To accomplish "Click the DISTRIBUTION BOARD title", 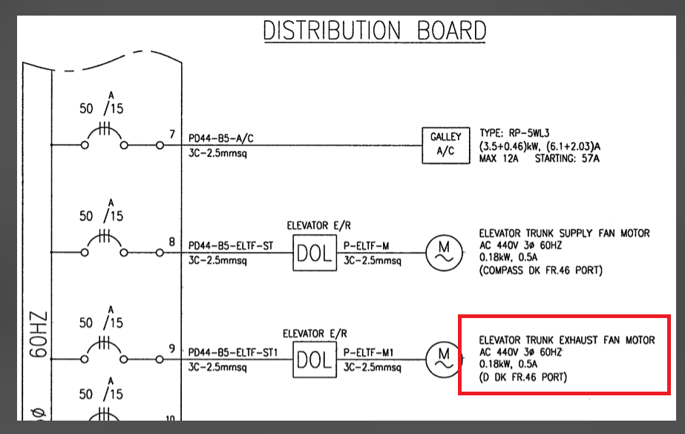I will click(x=375, y=30).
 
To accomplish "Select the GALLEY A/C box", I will click(x=445, y=145).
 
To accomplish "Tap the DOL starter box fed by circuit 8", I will click(x=313, y=253).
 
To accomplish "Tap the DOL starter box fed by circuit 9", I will click(x=313, y=360).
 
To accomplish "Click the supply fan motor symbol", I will click(x=443, y=253).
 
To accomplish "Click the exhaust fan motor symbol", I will click(x=443, y=360).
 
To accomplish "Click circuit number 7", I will click(x=172, y=135).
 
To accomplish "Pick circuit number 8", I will click(x=172, y=242).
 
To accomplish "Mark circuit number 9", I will click(x=172, y=349).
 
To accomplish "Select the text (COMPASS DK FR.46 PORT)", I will click(x=541, y=271).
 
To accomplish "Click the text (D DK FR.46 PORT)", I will click(x=523, y=378).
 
